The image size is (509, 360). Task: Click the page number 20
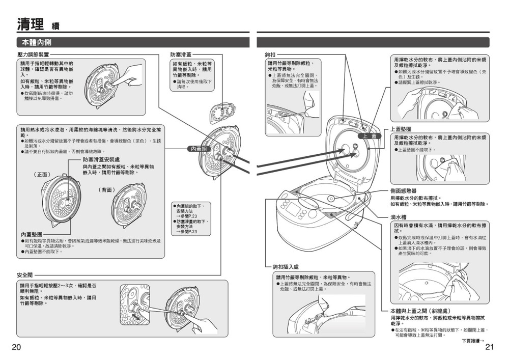(x=16, y=347)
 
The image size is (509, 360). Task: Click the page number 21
(x=490, y=347)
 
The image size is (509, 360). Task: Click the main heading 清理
(x=30, y=24)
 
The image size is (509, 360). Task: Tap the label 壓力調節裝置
(x=33, y=54)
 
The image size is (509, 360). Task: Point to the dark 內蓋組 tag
(x=199, y=149)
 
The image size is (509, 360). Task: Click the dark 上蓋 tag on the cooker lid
(x=370, y=136)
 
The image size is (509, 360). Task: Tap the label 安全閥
(x=24, y=275)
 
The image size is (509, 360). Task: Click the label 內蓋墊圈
(x=31, y=234)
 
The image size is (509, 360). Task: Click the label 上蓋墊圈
(x=401, y=129)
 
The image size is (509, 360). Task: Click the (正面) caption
(x=42, y=174)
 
